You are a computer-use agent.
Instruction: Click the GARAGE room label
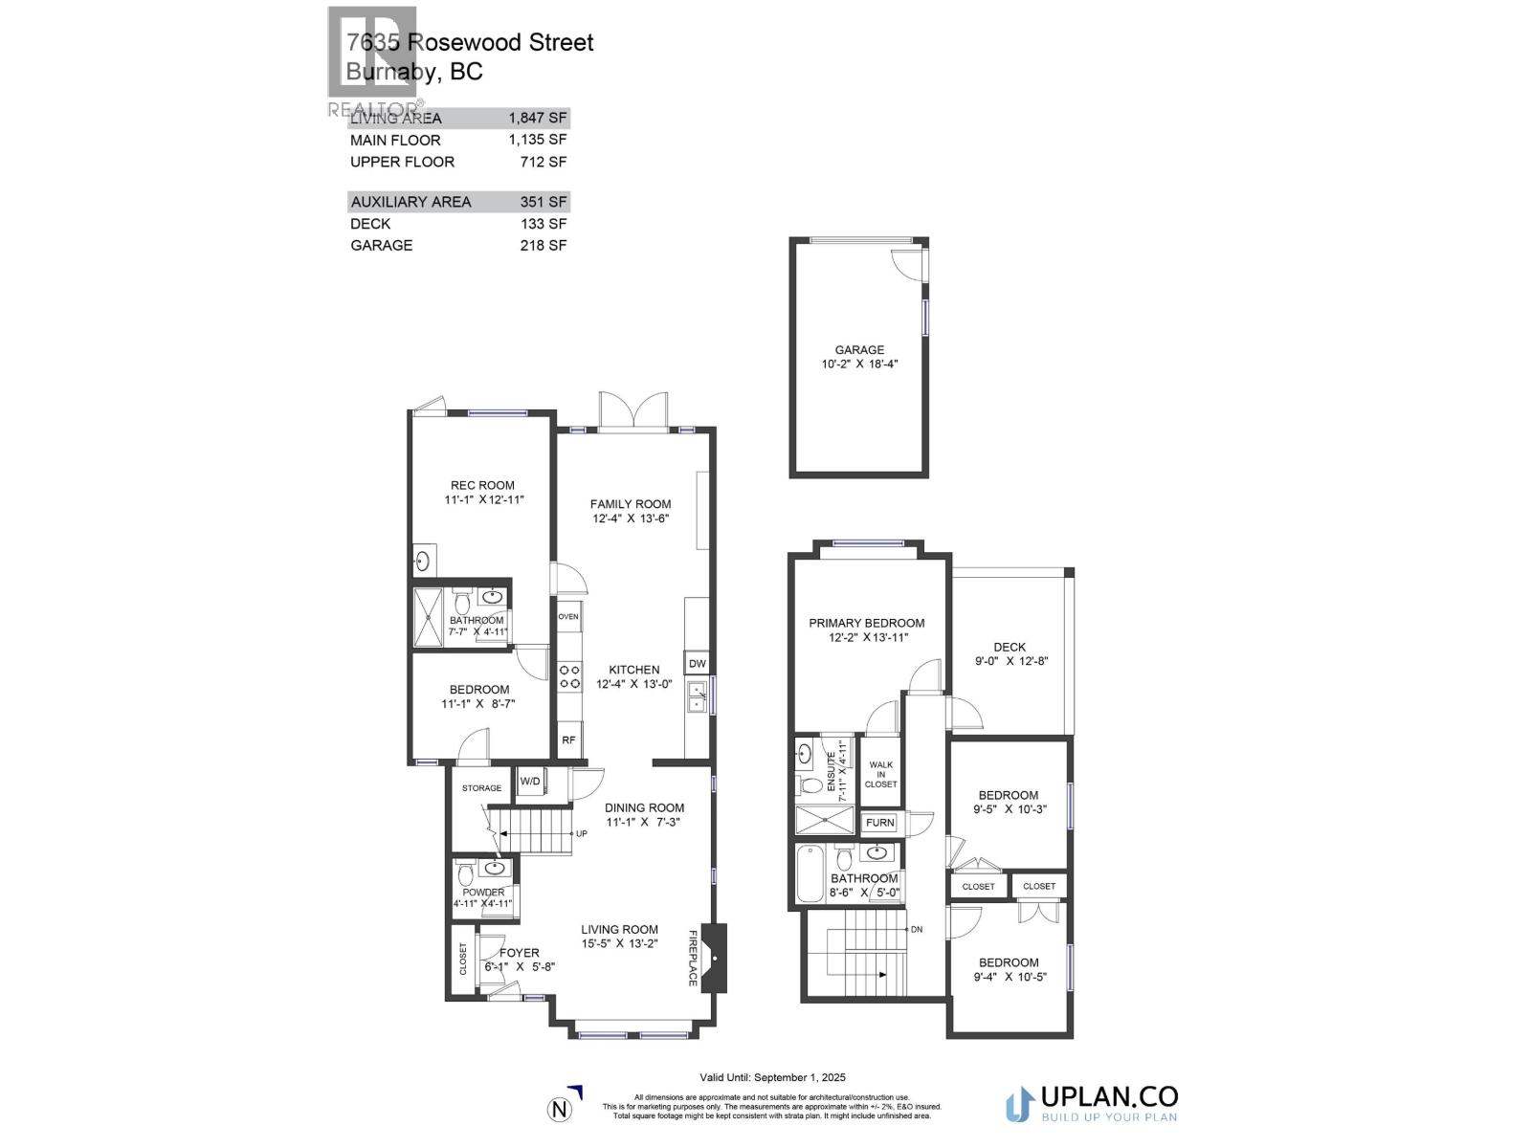[859, 350]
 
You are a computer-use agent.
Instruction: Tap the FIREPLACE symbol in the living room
[713, 958]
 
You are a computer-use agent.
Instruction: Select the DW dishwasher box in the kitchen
[697, 663]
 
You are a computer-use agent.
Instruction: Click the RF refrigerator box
[568, 740]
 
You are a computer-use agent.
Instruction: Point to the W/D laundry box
[530, 782]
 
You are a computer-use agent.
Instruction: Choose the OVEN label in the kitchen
[568, 616]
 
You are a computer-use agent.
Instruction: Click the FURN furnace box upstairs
[879, 823]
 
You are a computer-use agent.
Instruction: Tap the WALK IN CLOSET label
[880, 774]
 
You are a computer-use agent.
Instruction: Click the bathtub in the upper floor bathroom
[810, 873]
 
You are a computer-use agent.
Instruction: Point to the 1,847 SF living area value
[538, 119]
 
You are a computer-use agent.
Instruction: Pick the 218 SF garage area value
[544, 245]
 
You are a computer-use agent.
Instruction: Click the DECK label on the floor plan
[1009, 648]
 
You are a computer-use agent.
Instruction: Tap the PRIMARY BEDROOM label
[866, 623]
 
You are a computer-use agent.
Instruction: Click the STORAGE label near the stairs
[481, 788]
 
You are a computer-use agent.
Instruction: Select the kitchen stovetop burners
[569, 677]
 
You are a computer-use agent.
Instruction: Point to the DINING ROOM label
[644, 807]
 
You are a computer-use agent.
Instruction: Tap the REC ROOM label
[482, 485]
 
